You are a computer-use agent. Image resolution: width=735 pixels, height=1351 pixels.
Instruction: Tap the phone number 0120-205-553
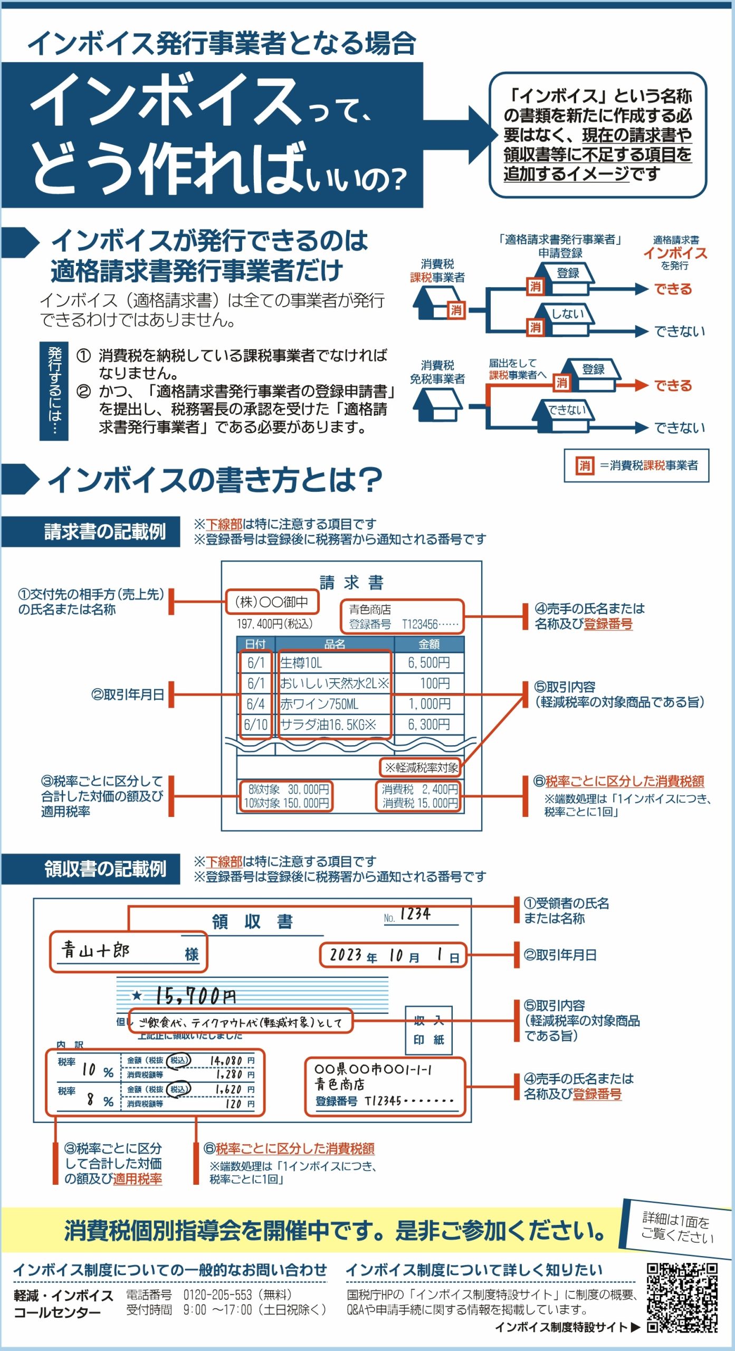coord(217,1294)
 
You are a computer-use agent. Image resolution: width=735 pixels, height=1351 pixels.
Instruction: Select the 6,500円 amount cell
coord(429,663)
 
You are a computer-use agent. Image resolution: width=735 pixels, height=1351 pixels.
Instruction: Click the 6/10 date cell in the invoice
coord(256,725)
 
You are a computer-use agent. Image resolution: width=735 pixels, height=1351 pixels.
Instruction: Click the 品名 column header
coord(335,644)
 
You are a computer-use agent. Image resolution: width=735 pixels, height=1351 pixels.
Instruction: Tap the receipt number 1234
coord(415,914)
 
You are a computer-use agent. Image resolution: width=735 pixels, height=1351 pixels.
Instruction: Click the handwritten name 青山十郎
coord(96,950)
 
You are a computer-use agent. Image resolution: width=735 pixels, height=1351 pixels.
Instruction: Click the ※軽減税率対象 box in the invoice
coord(421,767)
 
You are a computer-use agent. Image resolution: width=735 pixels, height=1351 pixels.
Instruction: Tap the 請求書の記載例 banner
coord(91,531)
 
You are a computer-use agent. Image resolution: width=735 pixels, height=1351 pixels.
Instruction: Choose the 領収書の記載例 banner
coord(91,869)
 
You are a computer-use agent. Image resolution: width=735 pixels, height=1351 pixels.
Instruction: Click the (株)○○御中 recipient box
coord(272,602)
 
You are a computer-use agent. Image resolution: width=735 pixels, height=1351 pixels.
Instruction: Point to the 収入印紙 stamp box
coord(428,1030)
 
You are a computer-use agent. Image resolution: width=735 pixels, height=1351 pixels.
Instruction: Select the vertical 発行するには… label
coord(54,391)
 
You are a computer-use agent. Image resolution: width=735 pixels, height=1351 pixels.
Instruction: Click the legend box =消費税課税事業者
coord(636,465)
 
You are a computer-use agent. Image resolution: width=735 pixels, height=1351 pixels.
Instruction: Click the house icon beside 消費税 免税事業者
coord(437,405)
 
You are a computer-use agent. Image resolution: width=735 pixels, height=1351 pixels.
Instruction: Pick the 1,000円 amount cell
coord(429,704)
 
